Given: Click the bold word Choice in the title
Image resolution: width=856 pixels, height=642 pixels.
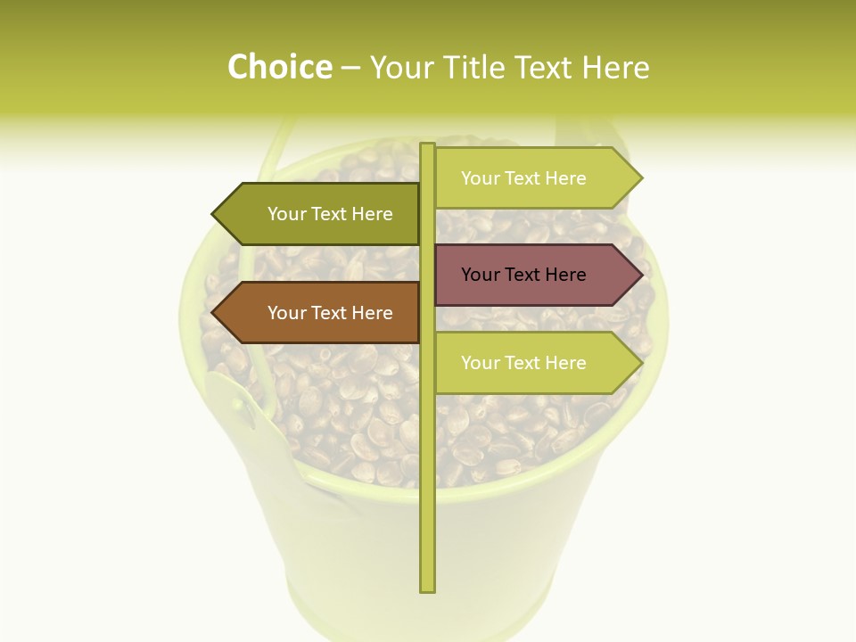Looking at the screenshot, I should point(279,68).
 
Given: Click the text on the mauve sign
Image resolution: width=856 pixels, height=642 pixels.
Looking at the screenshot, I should point(523,275).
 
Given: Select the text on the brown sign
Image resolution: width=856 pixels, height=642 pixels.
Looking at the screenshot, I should point(330,313).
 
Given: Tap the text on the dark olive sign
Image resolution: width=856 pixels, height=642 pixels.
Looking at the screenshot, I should point(330,214).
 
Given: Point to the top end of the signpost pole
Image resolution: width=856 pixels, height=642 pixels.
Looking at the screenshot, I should point(427,146).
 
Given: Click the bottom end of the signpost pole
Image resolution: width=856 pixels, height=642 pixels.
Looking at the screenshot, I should point(427,588).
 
